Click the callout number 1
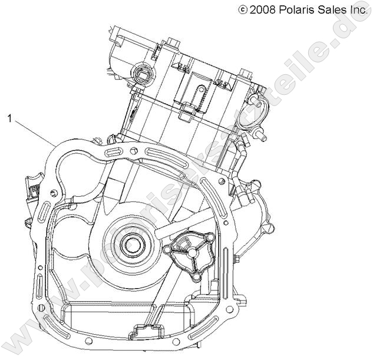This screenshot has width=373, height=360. tap(9, 118)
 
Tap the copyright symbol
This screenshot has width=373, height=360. tap(242, 9)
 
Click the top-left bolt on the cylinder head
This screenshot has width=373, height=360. tap(171, 42)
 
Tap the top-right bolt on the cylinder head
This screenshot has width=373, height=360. tap(243, 74)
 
